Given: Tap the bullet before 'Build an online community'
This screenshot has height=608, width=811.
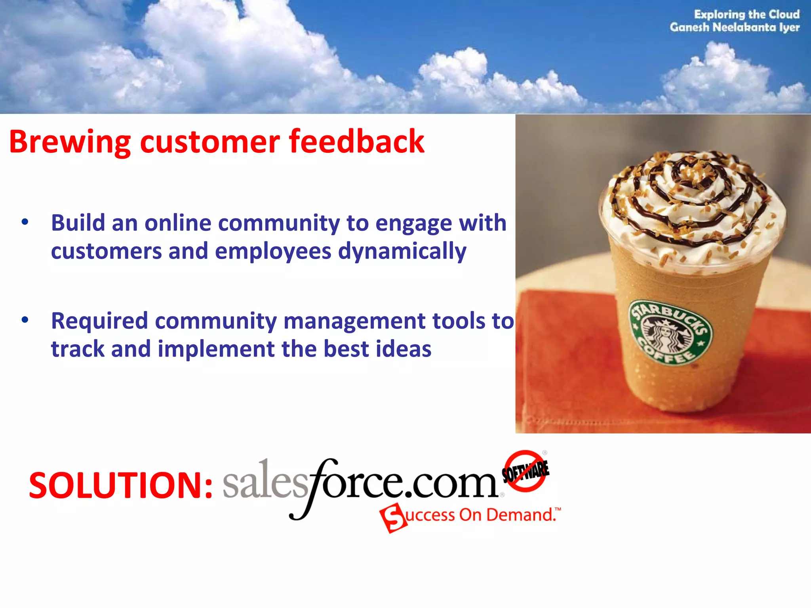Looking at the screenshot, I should coord(25,222).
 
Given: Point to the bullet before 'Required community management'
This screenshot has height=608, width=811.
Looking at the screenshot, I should coord(25,320).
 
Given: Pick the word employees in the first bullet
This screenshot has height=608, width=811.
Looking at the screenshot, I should coord(273,252).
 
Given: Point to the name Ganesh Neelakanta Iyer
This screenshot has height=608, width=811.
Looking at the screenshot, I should coord(735,27).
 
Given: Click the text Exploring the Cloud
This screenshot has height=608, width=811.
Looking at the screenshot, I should coord(746,15).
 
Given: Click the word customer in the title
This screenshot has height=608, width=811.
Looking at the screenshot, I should coord(210,142).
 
